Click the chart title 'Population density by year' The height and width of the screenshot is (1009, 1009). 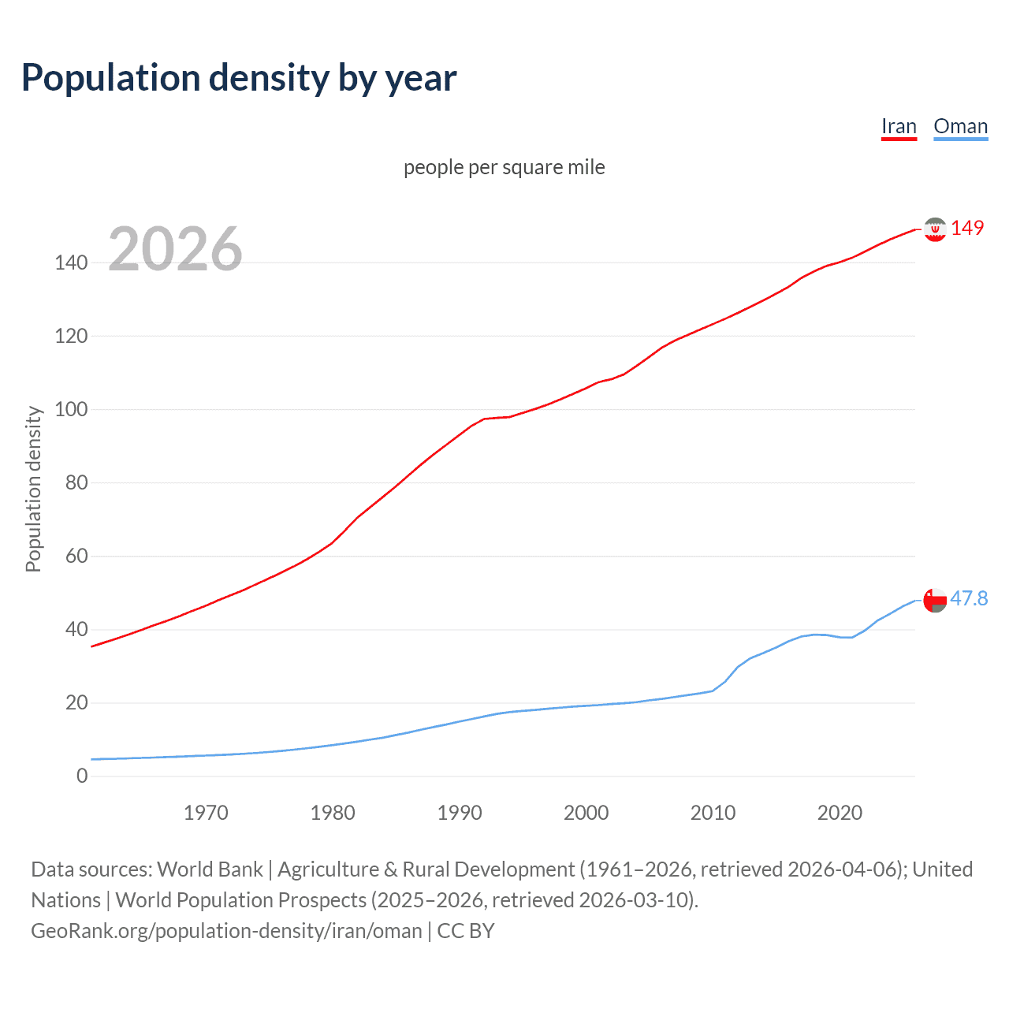[239, 78]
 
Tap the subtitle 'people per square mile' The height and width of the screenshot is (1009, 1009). [504, 167]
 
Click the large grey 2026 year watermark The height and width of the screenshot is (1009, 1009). [175, 249]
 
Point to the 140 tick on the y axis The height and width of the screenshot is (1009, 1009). [71, 262]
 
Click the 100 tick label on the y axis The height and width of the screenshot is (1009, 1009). [71, 409]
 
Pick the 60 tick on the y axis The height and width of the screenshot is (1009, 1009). [76, 556]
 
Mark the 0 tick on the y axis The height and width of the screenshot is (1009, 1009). [82, 776]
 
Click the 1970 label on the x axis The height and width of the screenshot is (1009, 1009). [206, 813]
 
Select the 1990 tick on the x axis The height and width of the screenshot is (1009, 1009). [460, 813]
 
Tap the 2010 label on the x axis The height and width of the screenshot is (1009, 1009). [713, 813]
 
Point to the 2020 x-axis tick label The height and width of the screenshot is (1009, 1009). [840, 813]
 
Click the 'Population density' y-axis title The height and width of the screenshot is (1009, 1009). [33, 489]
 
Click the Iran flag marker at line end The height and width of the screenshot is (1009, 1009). [935, 229]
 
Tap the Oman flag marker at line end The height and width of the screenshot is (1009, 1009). [935, 600]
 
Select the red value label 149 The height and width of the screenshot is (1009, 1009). [967, 228]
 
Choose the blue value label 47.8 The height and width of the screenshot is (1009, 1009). [969, 598]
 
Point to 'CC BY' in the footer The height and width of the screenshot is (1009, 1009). [465, 930]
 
